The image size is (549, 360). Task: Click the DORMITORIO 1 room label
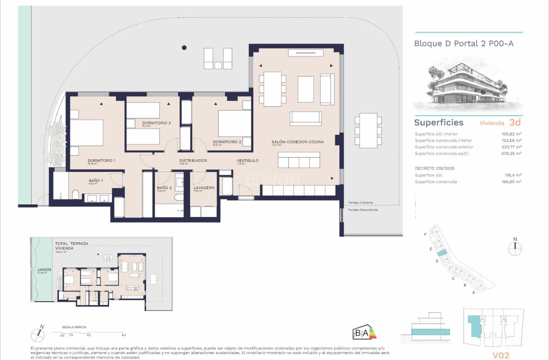click(101, 161)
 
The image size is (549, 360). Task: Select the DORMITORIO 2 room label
click(227, 142)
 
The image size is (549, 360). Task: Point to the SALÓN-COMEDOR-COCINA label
click(297, 142)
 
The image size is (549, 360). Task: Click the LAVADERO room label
click(204, 188)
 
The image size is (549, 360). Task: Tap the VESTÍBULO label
click(247, 161)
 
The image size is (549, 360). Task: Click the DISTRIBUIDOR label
click(193, 161)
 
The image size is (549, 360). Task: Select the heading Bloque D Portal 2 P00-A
click(463, 43)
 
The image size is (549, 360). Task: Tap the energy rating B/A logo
click(364, 333)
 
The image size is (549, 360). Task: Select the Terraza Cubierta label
click(360, 203)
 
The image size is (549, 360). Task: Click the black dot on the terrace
click(184, 48)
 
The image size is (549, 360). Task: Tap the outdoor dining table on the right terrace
click(368, 131)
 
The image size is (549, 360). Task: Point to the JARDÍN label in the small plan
click(43, 270)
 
